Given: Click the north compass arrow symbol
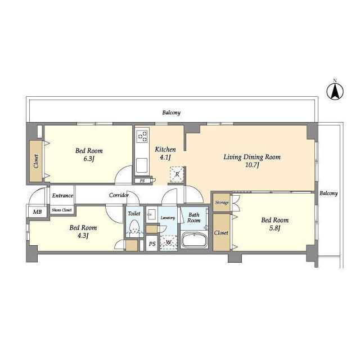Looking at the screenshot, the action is [x=335, y=91].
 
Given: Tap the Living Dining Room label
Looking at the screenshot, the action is [x=252, y=157].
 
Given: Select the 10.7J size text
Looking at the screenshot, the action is [x=252, y=165].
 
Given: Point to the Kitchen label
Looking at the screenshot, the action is [x=165, y=150].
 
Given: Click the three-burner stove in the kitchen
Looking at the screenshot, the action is [x=142, y=136].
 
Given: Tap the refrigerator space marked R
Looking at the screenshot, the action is [x=177, y=174].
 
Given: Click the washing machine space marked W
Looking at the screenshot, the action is [x=169, y=242].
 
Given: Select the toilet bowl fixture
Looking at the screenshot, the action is [x=134, y=227].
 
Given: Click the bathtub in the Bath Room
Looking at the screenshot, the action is [x=195, y=240].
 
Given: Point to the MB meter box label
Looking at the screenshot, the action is [x=37, y=211].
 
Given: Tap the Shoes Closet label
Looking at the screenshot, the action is [x=61, y=210].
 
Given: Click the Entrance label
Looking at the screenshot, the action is [x=62, y=196].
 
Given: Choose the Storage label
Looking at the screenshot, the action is [x=222, y=202].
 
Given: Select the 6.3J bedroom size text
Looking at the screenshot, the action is [x=89, y=159].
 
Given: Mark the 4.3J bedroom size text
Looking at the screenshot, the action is [x=83, y=236].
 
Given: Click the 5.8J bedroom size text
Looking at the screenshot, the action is [x=275, y=228].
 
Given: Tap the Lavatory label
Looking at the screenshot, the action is [x=168, y=218].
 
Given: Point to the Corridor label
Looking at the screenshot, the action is [x=119, y=195].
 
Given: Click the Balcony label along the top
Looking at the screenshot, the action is [x=171, y=112].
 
